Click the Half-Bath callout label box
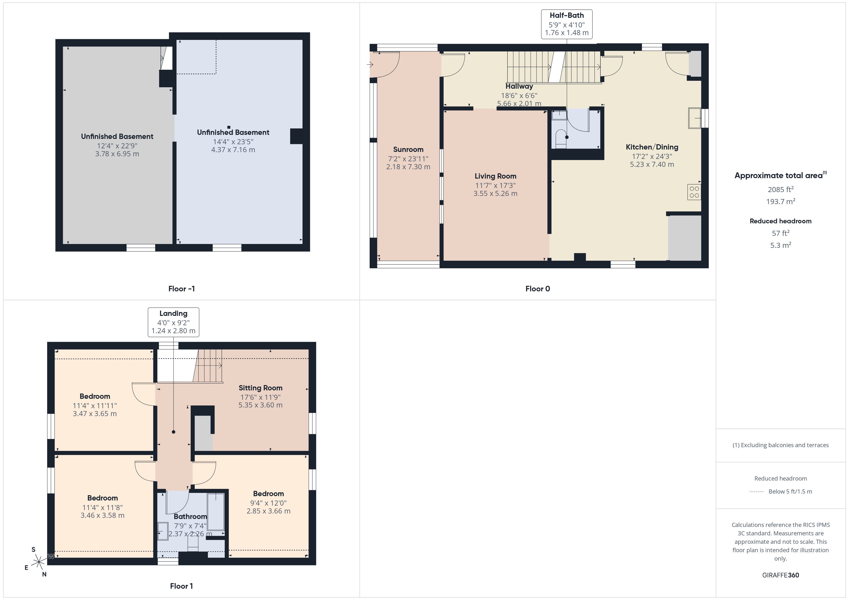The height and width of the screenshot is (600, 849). [x=566, y=24]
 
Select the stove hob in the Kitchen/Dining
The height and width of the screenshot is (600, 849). [x=694, y=192]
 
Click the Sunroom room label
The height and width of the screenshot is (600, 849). [x=408, y=150]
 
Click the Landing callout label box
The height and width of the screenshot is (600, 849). [x=174, y=322]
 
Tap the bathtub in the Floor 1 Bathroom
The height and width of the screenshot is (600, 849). [x=216, y=512]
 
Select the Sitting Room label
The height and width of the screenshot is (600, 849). [x=260, y=388]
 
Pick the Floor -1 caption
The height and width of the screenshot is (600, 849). [x=181, y=289]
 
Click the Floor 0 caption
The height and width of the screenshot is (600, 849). [x=538, y=289]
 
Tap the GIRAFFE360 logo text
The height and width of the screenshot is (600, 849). [x=781, y=575]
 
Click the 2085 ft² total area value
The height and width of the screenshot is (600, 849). [x=781, y=189]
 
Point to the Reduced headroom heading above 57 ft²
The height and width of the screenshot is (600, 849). [x=781, y=221]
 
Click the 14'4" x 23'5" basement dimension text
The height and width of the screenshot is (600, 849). [x=233, y=142]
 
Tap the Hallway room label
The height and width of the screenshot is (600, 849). [x=519, y=87]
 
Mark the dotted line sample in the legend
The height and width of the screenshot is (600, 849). [x=756, y=492]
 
